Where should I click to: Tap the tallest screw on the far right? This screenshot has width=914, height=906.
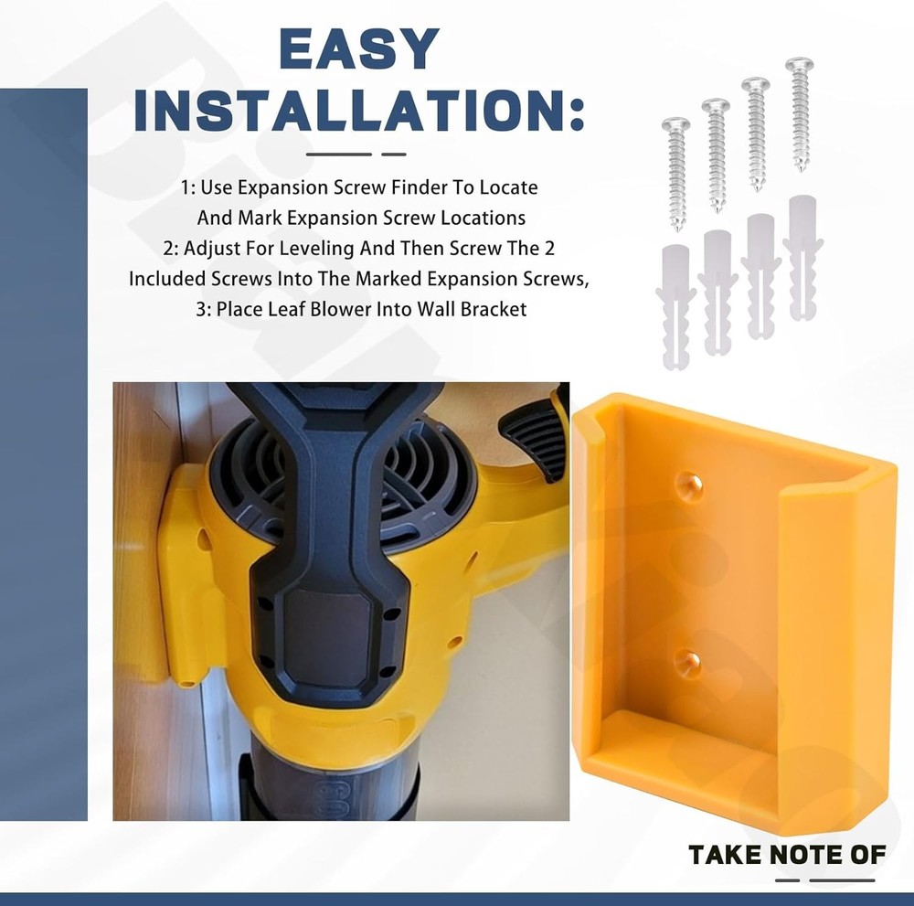point(800,114)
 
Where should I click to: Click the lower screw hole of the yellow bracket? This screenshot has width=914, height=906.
point(688,663)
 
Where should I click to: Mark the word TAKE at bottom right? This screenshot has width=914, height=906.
point(724,856)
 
